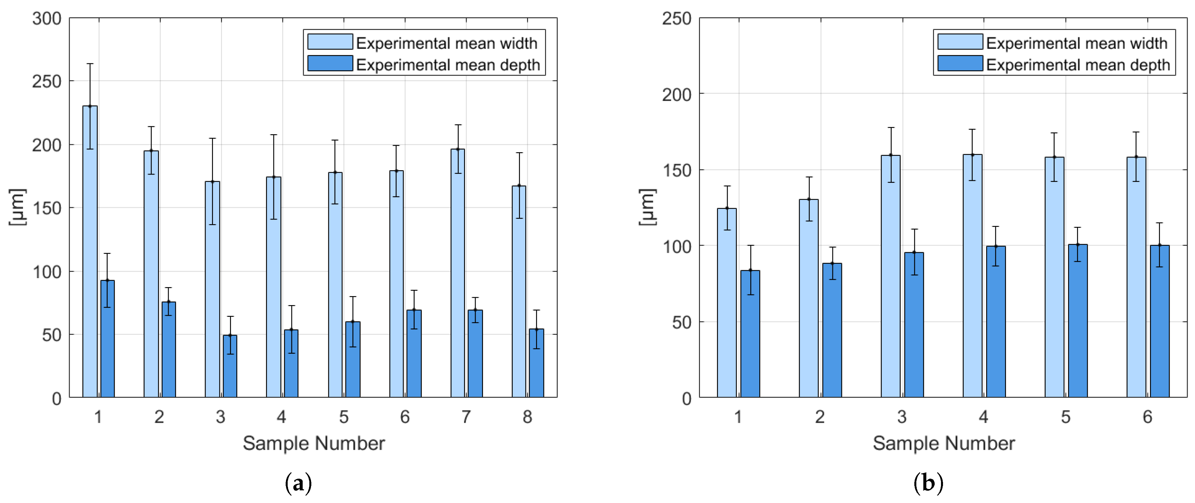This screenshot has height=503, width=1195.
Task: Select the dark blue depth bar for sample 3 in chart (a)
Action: [230, 366]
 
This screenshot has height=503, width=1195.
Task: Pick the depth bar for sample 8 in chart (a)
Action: [536, 363]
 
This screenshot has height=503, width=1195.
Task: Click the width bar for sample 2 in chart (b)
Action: [809, 298]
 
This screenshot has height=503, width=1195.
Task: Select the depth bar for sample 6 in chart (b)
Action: [1159, 321]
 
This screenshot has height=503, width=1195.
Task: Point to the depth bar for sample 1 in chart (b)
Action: [750, 334]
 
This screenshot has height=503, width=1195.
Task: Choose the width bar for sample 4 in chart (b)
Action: [972, 276]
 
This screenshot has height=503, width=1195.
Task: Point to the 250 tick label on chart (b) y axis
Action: [677, 19]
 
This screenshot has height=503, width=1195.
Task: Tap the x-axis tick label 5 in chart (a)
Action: [344, 417]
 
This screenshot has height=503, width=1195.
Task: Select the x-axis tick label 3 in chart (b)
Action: [902, 417]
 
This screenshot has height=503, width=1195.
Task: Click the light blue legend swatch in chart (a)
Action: [330, 42]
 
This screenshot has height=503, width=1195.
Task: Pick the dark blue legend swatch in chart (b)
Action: [960, 63]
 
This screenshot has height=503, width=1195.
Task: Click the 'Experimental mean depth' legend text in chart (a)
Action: [448, 65]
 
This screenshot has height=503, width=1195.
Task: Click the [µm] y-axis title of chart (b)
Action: [648, 207]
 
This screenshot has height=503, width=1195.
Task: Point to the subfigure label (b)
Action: [928, 484]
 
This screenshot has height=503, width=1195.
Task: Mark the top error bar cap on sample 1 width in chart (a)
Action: [90, 64]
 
